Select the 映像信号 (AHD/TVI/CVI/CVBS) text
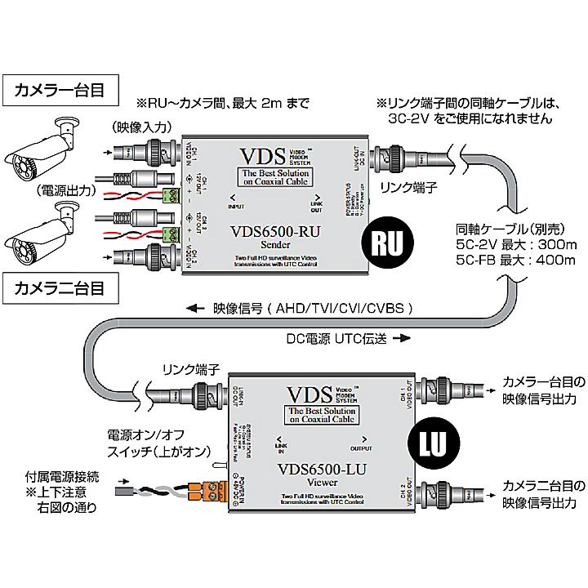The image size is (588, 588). point(306,310)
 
